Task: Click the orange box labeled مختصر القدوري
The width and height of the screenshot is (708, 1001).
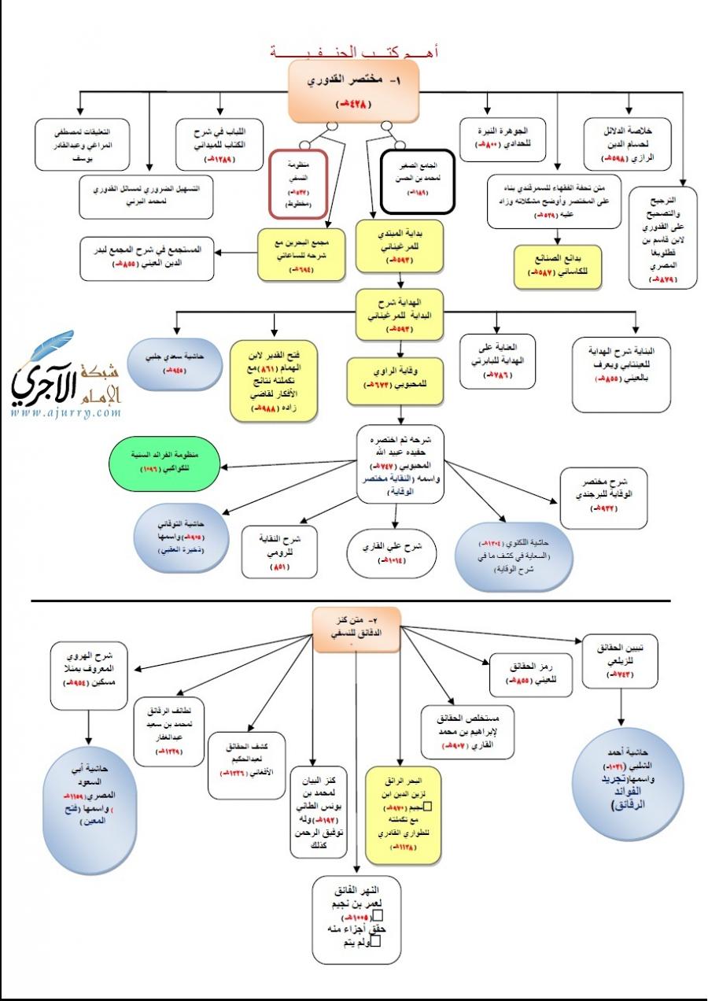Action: click(352, 90)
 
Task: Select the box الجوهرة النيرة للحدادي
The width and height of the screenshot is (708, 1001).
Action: click(503, 139)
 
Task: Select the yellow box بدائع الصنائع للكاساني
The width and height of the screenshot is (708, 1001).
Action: click(557, 268)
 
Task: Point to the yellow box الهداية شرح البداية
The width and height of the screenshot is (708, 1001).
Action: click(400, 315)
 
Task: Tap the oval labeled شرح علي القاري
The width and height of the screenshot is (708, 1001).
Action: click(392, 552)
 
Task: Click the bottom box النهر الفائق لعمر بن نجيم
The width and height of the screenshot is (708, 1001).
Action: click(357, 919)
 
